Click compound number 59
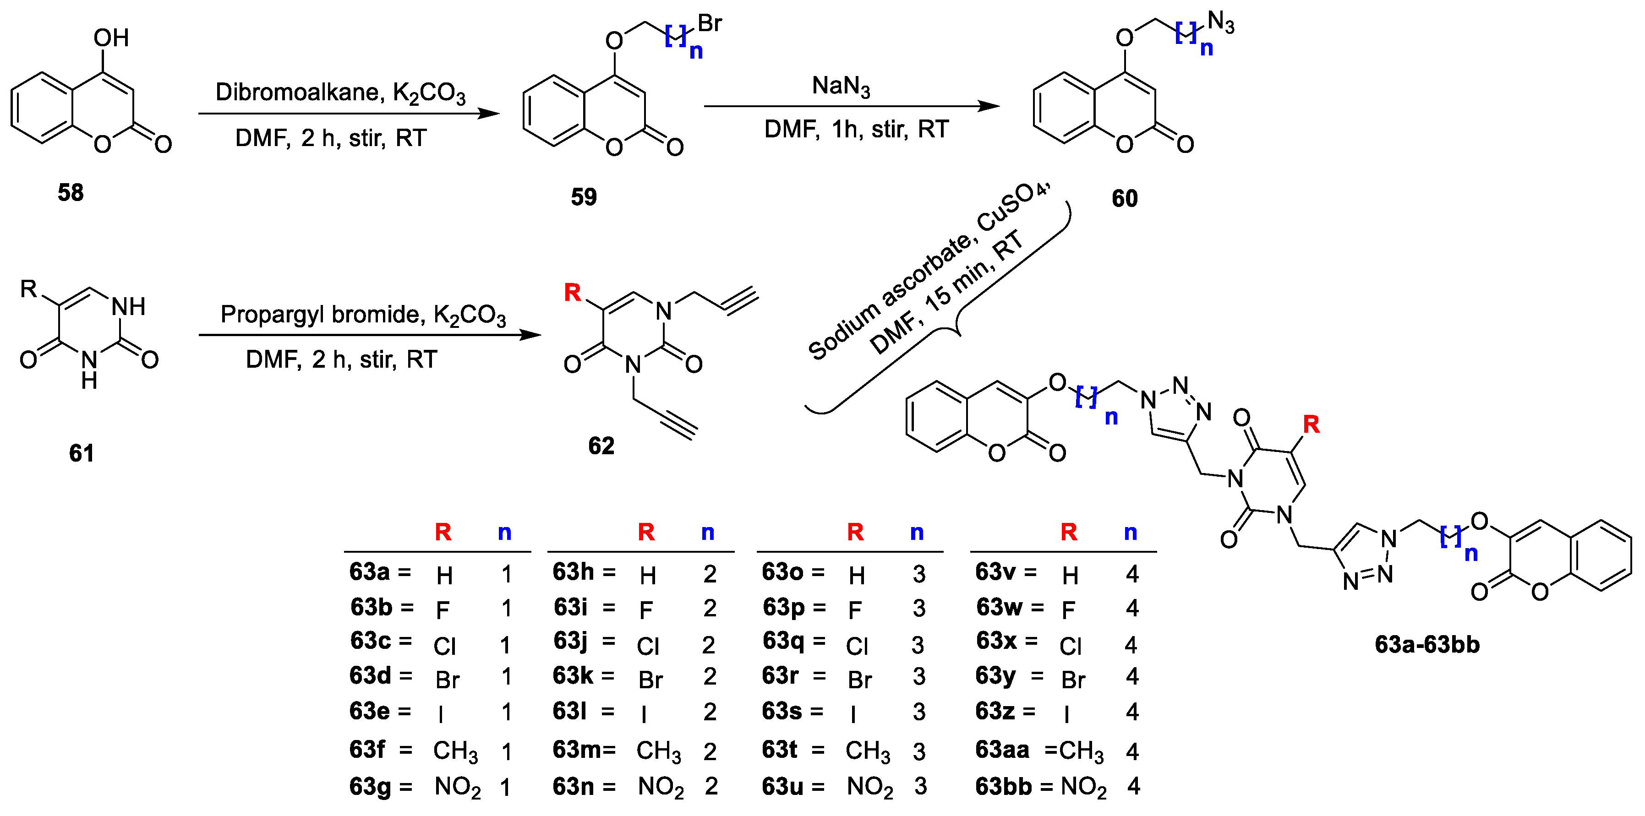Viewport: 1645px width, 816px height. (583, 196)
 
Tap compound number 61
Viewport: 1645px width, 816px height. (81, 453)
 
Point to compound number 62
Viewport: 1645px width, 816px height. (601, 446)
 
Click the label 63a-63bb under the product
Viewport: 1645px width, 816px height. (1426, 644)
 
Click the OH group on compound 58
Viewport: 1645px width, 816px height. (111, 38)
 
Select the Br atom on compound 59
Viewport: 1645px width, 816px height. (710, 24)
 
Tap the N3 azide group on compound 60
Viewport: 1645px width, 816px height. (1220, 22)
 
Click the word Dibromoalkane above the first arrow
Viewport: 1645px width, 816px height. (299, 92)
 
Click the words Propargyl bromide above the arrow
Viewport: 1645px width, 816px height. (321, 314)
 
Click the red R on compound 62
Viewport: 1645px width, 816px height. (572, 293)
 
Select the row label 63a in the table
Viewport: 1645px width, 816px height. (369, 571)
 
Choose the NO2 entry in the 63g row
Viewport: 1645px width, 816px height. (457, 787)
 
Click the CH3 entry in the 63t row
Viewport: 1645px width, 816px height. (867, 751)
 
